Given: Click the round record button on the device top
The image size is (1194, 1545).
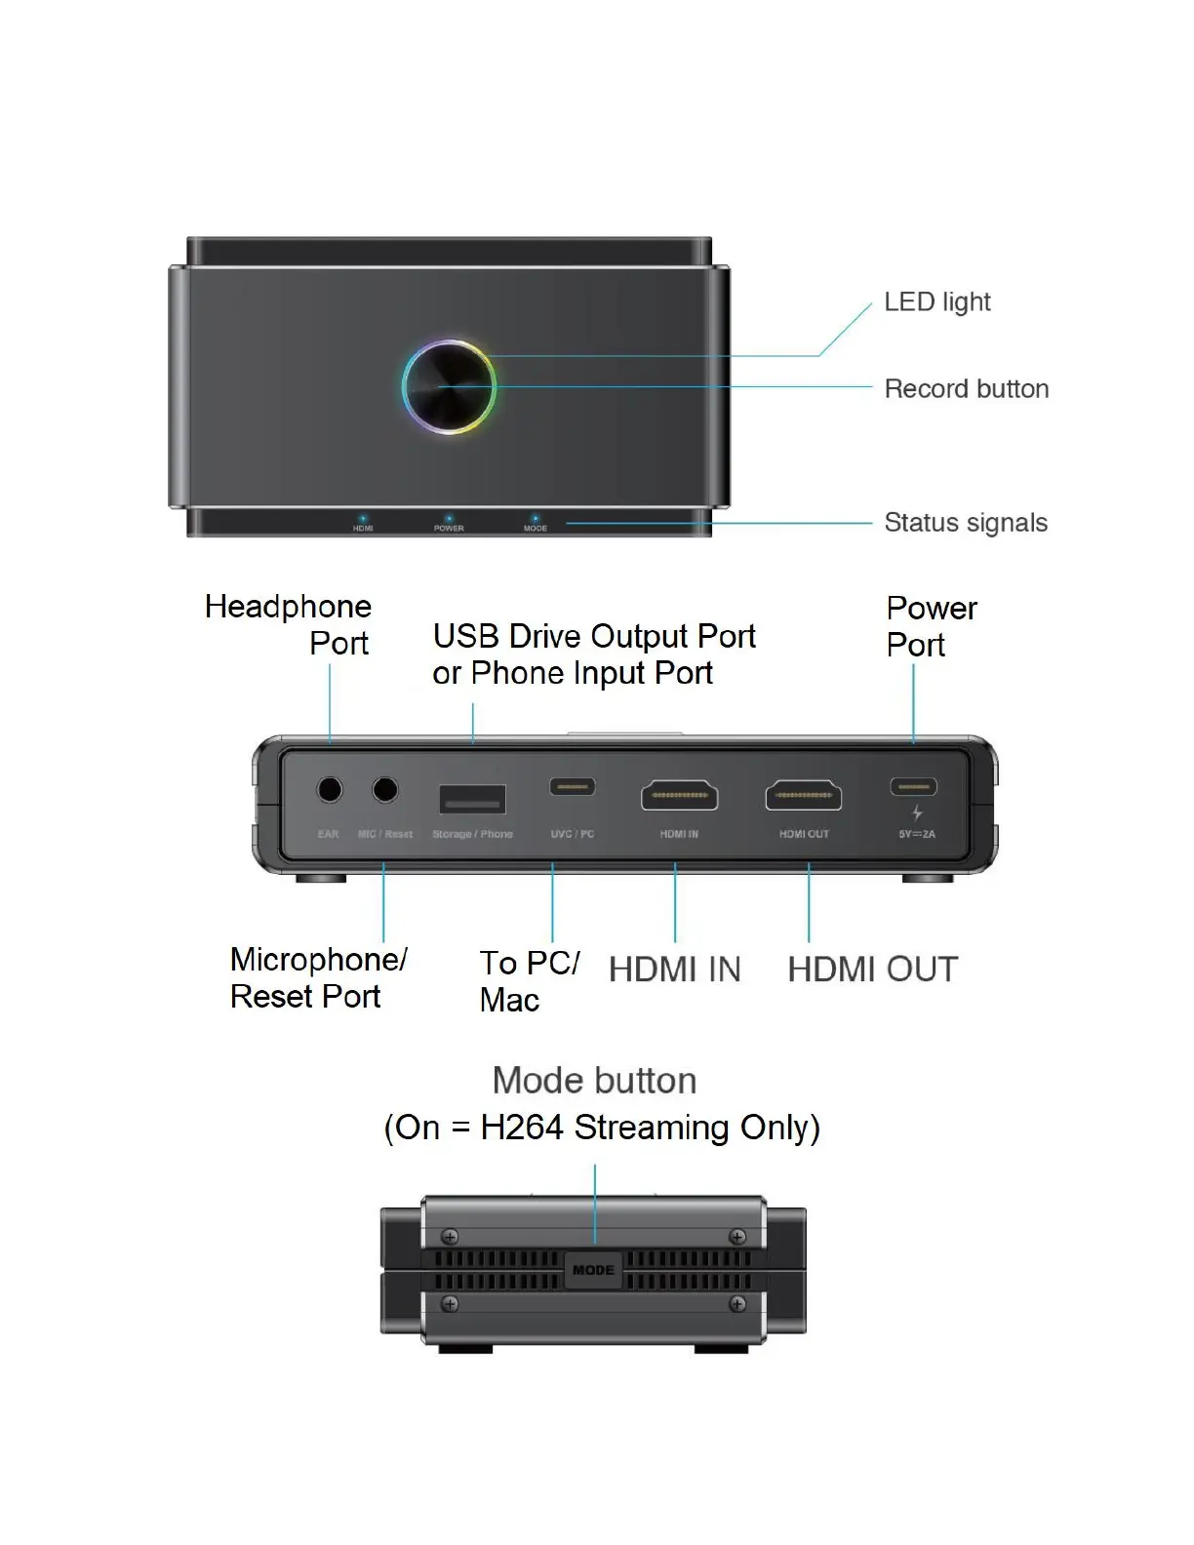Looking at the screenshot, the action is (449, 387).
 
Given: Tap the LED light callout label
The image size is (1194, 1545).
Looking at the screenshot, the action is (936, 302).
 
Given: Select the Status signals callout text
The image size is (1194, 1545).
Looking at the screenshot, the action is (965, 523).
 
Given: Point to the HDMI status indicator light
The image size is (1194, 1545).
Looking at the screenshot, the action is (363, 519).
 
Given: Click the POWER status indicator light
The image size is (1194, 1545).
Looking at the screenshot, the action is (449, 519).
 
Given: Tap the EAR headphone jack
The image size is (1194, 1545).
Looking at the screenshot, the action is (330, 790).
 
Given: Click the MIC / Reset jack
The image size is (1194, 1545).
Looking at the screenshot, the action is (385, 790).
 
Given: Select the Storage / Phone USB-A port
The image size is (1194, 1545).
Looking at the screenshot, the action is (473, 800).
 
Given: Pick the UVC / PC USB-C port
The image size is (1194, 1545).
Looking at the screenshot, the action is (572, 786).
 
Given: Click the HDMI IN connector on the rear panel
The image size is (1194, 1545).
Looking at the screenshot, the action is (679, 796).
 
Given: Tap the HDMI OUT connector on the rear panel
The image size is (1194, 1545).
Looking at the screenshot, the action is (804, 796).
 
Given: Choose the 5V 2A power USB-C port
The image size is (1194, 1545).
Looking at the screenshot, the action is (914, 786).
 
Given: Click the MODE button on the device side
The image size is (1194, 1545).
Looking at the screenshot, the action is (593, 1270).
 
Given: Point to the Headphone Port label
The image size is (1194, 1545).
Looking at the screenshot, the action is (288, 624).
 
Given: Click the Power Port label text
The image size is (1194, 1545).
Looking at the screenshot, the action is (931, 626).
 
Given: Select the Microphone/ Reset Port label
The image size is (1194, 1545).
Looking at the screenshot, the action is (318, 977).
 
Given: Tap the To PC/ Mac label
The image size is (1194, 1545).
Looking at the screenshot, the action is (529, 980).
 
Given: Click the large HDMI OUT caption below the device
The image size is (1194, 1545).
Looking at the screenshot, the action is (872, 970).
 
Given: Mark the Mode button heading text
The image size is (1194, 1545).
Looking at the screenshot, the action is (594, 1081).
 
